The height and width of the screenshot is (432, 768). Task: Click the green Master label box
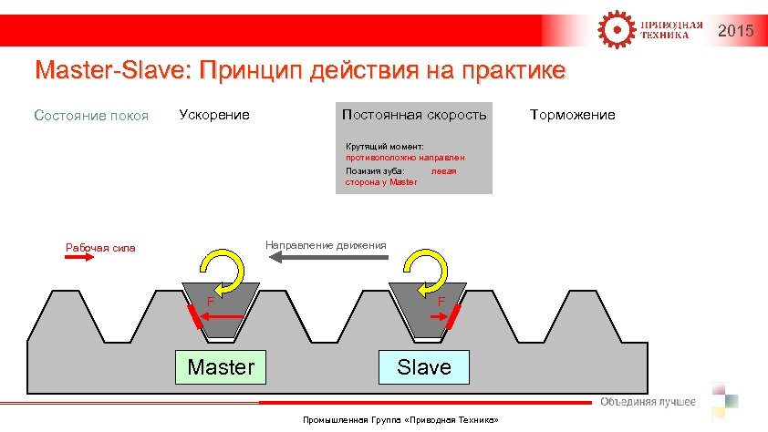[221, 367]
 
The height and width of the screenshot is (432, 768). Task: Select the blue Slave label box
[423, 367]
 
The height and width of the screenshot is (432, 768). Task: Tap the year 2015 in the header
[736, 32]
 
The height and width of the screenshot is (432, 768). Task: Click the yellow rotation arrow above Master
[223, 271]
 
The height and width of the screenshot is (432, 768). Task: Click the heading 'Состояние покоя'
[91, 116]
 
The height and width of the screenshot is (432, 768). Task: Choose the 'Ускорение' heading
[214, 115]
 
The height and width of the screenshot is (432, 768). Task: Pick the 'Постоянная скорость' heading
[414, 115]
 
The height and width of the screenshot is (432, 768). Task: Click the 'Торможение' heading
[572, 115]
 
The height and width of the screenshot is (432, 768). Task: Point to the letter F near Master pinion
[209, 301]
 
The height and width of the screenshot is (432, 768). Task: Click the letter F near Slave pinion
[441, 301]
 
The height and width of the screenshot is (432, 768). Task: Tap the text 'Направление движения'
[325, 244]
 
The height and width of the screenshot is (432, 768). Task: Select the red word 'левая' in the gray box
[443, 170]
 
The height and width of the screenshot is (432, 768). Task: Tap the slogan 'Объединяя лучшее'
[648, 402]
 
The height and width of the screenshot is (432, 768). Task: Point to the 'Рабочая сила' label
[100, 246]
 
